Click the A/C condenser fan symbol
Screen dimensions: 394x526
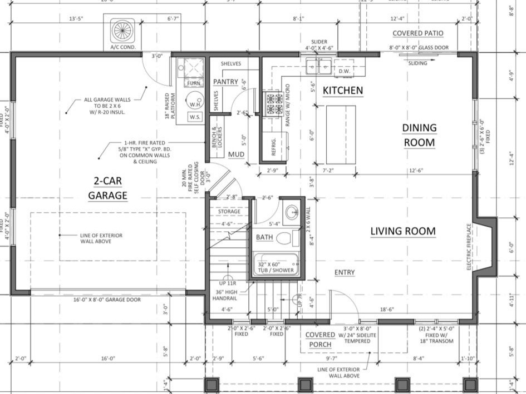click(122, 30)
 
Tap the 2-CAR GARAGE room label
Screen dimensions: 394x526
click(107, 188)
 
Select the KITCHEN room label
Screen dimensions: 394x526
click(343, 90)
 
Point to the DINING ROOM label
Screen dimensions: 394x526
click(419, 135)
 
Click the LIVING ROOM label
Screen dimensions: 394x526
click(403, 231)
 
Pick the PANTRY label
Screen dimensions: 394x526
click(225, 82)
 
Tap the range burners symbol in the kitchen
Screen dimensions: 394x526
click(275, 104)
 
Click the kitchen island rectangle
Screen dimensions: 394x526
click(341, 134)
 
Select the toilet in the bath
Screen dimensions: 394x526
click(285, 238)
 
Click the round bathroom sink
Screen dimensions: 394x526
click(291, 212)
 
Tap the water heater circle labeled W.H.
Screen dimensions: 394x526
click(195, 103)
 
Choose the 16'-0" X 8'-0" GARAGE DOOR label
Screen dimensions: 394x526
click(107, 300)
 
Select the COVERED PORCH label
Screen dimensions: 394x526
click(320, 340)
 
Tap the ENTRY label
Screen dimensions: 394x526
click(345, 272)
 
